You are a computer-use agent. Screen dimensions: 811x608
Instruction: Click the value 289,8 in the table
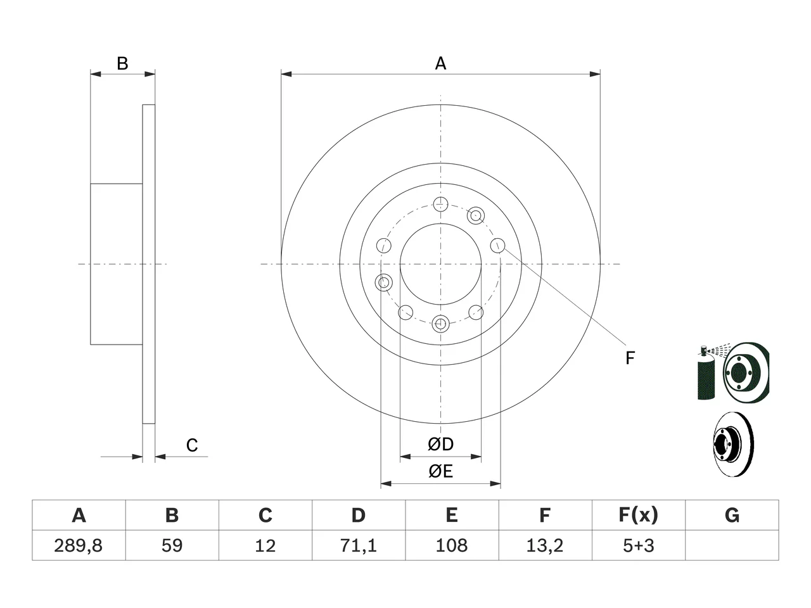click(x=79, y=545)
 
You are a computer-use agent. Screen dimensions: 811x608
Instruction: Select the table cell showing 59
click(x=172, y=545)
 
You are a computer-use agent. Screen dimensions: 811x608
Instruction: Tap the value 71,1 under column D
click(x=359, y=545)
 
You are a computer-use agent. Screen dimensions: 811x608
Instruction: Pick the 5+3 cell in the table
click(x=639, y=545)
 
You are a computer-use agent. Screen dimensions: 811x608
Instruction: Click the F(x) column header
click(x=639, y=515)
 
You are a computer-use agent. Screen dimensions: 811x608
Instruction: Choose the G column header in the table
click(x=732, y=515)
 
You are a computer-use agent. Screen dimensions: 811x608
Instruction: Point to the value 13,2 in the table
click(x=545, y=545)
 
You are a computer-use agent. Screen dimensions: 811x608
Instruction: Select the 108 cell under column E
click(x=452, y=545)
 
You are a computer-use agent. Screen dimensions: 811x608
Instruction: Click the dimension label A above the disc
click(x=440, y=63)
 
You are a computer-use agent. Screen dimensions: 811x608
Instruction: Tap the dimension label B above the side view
click(x=122, y=63)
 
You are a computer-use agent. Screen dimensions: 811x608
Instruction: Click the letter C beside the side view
click(x=192, y=445)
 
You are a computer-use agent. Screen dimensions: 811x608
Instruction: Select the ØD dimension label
click(x=440, y=444)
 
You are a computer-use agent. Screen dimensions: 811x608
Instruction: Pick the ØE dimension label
click(x=440, y=471)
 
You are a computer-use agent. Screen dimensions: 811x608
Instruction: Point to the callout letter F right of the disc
click(x=630, y=358)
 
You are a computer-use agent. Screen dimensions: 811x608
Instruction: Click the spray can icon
click(x=705, y=372)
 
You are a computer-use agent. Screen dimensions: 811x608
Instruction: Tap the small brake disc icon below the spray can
click(x=734, y=444)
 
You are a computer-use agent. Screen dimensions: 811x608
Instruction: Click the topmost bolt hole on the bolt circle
click(x=440, y=204)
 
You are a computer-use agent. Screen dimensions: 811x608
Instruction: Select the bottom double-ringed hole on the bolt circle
click(x=440, y=324)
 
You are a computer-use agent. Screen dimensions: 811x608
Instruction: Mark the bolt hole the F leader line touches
click(x=497, y=245)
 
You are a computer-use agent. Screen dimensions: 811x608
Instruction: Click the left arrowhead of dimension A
click(x=286, y=74)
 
